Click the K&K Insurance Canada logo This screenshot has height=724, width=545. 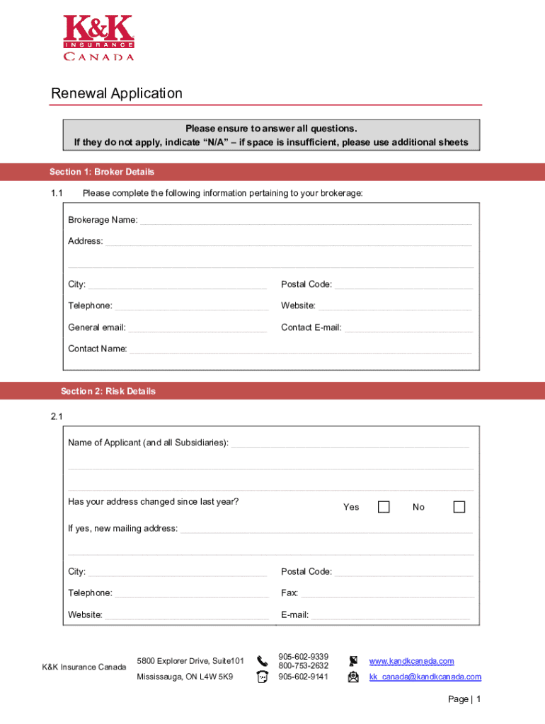click(x=98, y=38)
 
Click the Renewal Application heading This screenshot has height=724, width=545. click(x=117, y=93)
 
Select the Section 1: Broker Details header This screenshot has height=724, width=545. click(x=102, y=172)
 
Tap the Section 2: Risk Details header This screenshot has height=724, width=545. click(x=108, y=391)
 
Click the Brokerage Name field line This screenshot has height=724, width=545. click(x=305, y=221)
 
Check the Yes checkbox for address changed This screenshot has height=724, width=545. click(x=384, y=507)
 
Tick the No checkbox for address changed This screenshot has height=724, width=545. click(x=459, y=507)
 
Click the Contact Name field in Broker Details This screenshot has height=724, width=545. click(x=300, y=349)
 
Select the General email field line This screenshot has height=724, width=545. click(x=197, y=328)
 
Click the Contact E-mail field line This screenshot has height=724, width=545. click(x=408, y=328)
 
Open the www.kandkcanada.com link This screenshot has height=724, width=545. click(x=411, y=661)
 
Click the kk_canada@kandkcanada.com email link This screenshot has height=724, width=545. click(x=425, y=677)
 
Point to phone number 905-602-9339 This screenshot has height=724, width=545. click(x=303, y=657)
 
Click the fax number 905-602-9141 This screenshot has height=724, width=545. click(x=303, y=677)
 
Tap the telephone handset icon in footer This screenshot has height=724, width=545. click(x=263, y=661)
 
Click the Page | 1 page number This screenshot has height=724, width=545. click(x=465, y=699)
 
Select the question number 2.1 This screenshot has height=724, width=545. click(x=57, y=416)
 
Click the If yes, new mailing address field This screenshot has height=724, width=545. click(x=326, y=529)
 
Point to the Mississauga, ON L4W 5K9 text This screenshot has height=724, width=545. click(x=185, y=677)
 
